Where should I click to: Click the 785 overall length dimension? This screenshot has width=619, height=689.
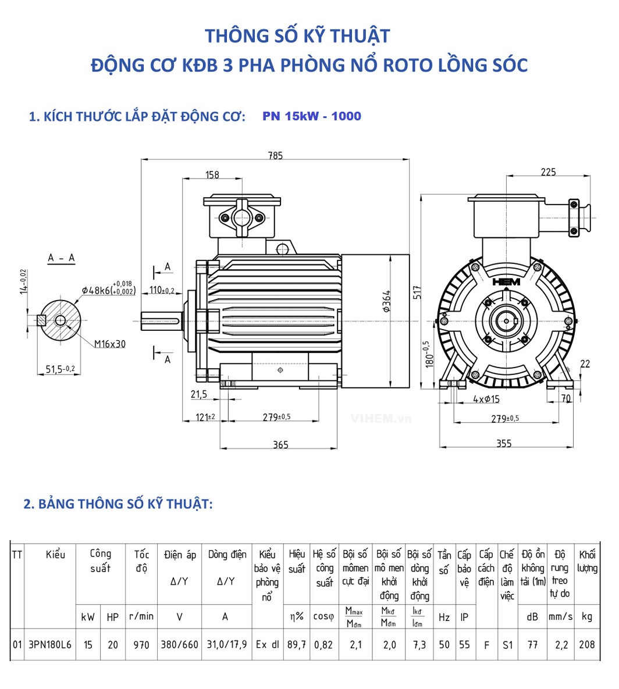pos(275,155)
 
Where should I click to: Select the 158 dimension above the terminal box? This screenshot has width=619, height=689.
pos(212,174)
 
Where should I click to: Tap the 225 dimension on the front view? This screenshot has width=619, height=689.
pos(548,172)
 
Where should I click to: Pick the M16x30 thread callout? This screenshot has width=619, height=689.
pos(110,344)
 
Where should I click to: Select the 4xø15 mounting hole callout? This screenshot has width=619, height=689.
pos(486,399)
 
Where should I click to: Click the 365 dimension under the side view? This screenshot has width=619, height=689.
pos(280,444)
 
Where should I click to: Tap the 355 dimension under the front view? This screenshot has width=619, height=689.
pos(504,444)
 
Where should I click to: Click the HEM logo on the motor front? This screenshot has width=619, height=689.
pos(506,281)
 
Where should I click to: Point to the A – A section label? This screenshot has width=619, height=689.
pos(61,258)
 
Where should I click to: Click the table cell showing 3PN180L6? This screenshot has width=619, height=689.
pos(50,645)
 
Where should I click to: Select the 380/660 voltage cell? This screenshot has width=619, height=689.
pos(179,645)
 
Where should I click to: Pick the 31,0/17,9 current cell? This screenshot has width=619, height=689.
pos(226,645)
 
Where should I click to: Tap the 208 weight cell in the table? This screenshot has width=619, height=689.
pos(587,645)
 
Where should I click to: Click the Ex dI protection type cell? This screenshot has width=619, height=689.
pos(268,645)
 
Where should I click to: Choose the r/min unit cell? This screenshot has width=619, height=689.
pos(141,616)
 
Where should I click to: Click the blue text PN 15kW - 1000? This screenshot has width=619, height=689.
pos(312,116)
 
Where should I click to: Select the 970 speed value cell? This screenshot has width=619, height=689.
pos(141,645)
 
